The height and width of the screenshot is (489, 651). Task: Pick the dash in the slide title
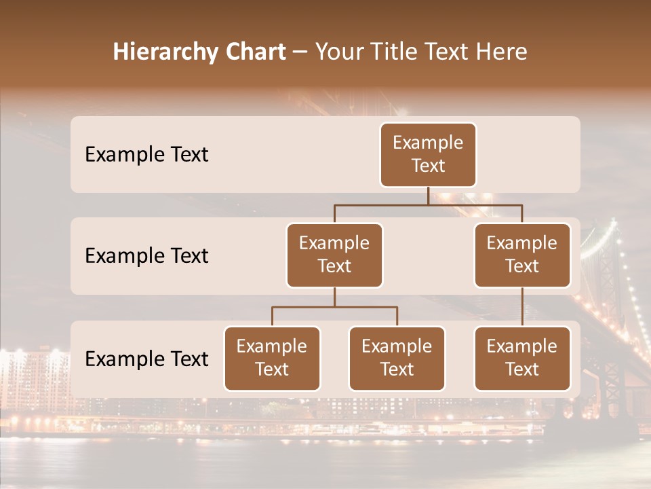tap(300, 52)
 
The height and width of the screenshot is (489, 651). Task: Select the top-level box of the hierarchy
tap(428, 155)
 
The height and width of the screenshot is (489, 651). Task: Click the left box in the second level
tap(334, 255)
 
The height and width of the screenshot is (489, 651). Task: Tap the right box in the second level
tap(522, 255)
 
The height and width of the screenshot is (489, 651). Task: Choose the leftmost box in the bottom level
tap(272, 359)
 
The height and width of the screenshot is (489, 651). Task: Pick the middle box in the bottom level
tap(397, 359)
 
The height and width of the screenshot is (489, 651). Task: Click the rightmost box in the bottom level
tap(522, 359)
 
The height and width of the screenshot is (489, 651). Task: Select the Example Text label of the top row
tap(146, 155)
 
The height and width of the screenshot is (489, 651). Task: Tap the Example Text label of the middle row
tap(146, 256)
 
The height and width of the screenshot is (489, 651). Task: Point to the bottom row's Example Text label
tap(146, 359)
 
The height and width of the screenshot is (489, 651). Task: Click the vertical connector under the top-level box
tap(428, 196)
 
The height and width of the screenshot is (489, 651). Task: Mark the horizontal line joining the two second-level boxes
tap(380, 204)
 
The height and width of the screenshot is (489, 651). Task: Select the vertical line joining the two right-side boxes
tap(522, 307)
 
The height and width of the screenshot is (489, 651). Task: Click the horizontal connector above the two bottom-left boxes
tap(334, 307)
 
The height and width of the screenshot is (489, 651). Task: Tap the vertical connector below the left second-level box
tap(334, 297)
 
